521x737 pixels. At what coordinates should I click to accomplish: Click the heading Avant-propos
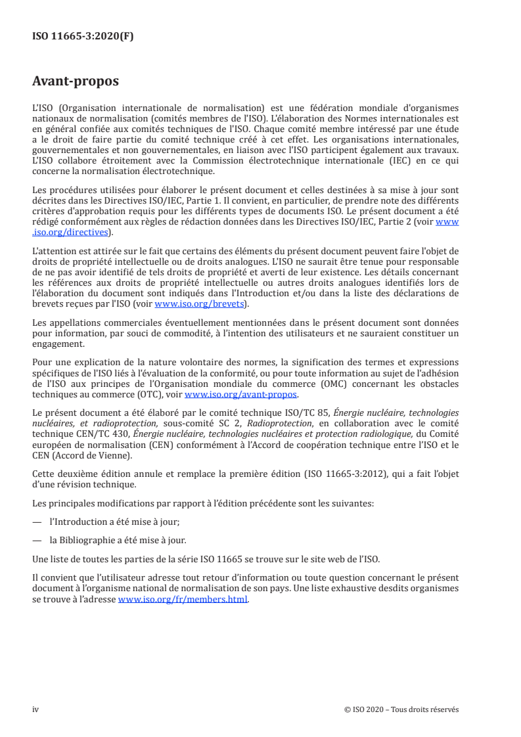76,81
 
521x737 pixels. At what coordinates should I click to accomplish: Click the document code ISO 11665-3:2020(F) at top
83,37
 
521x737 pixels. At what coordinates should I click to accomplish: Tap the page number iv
35,709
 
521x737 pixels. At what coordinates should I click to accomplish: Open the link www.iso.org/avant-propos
241,394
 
